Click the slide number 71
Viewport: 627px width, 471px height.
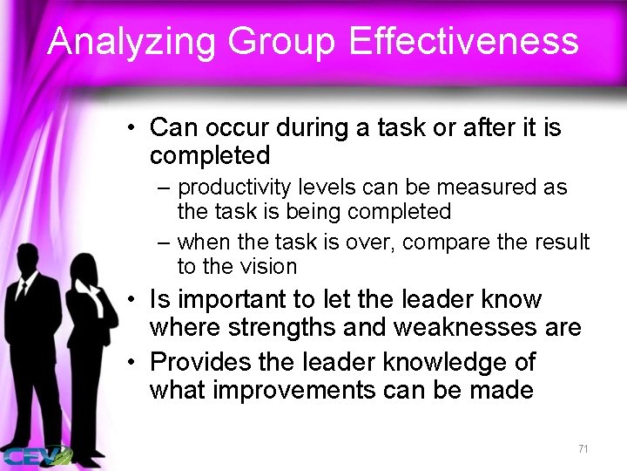[x=583, y=448]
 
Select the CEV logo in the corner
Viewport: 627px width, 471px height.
[x=35, y=454]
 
